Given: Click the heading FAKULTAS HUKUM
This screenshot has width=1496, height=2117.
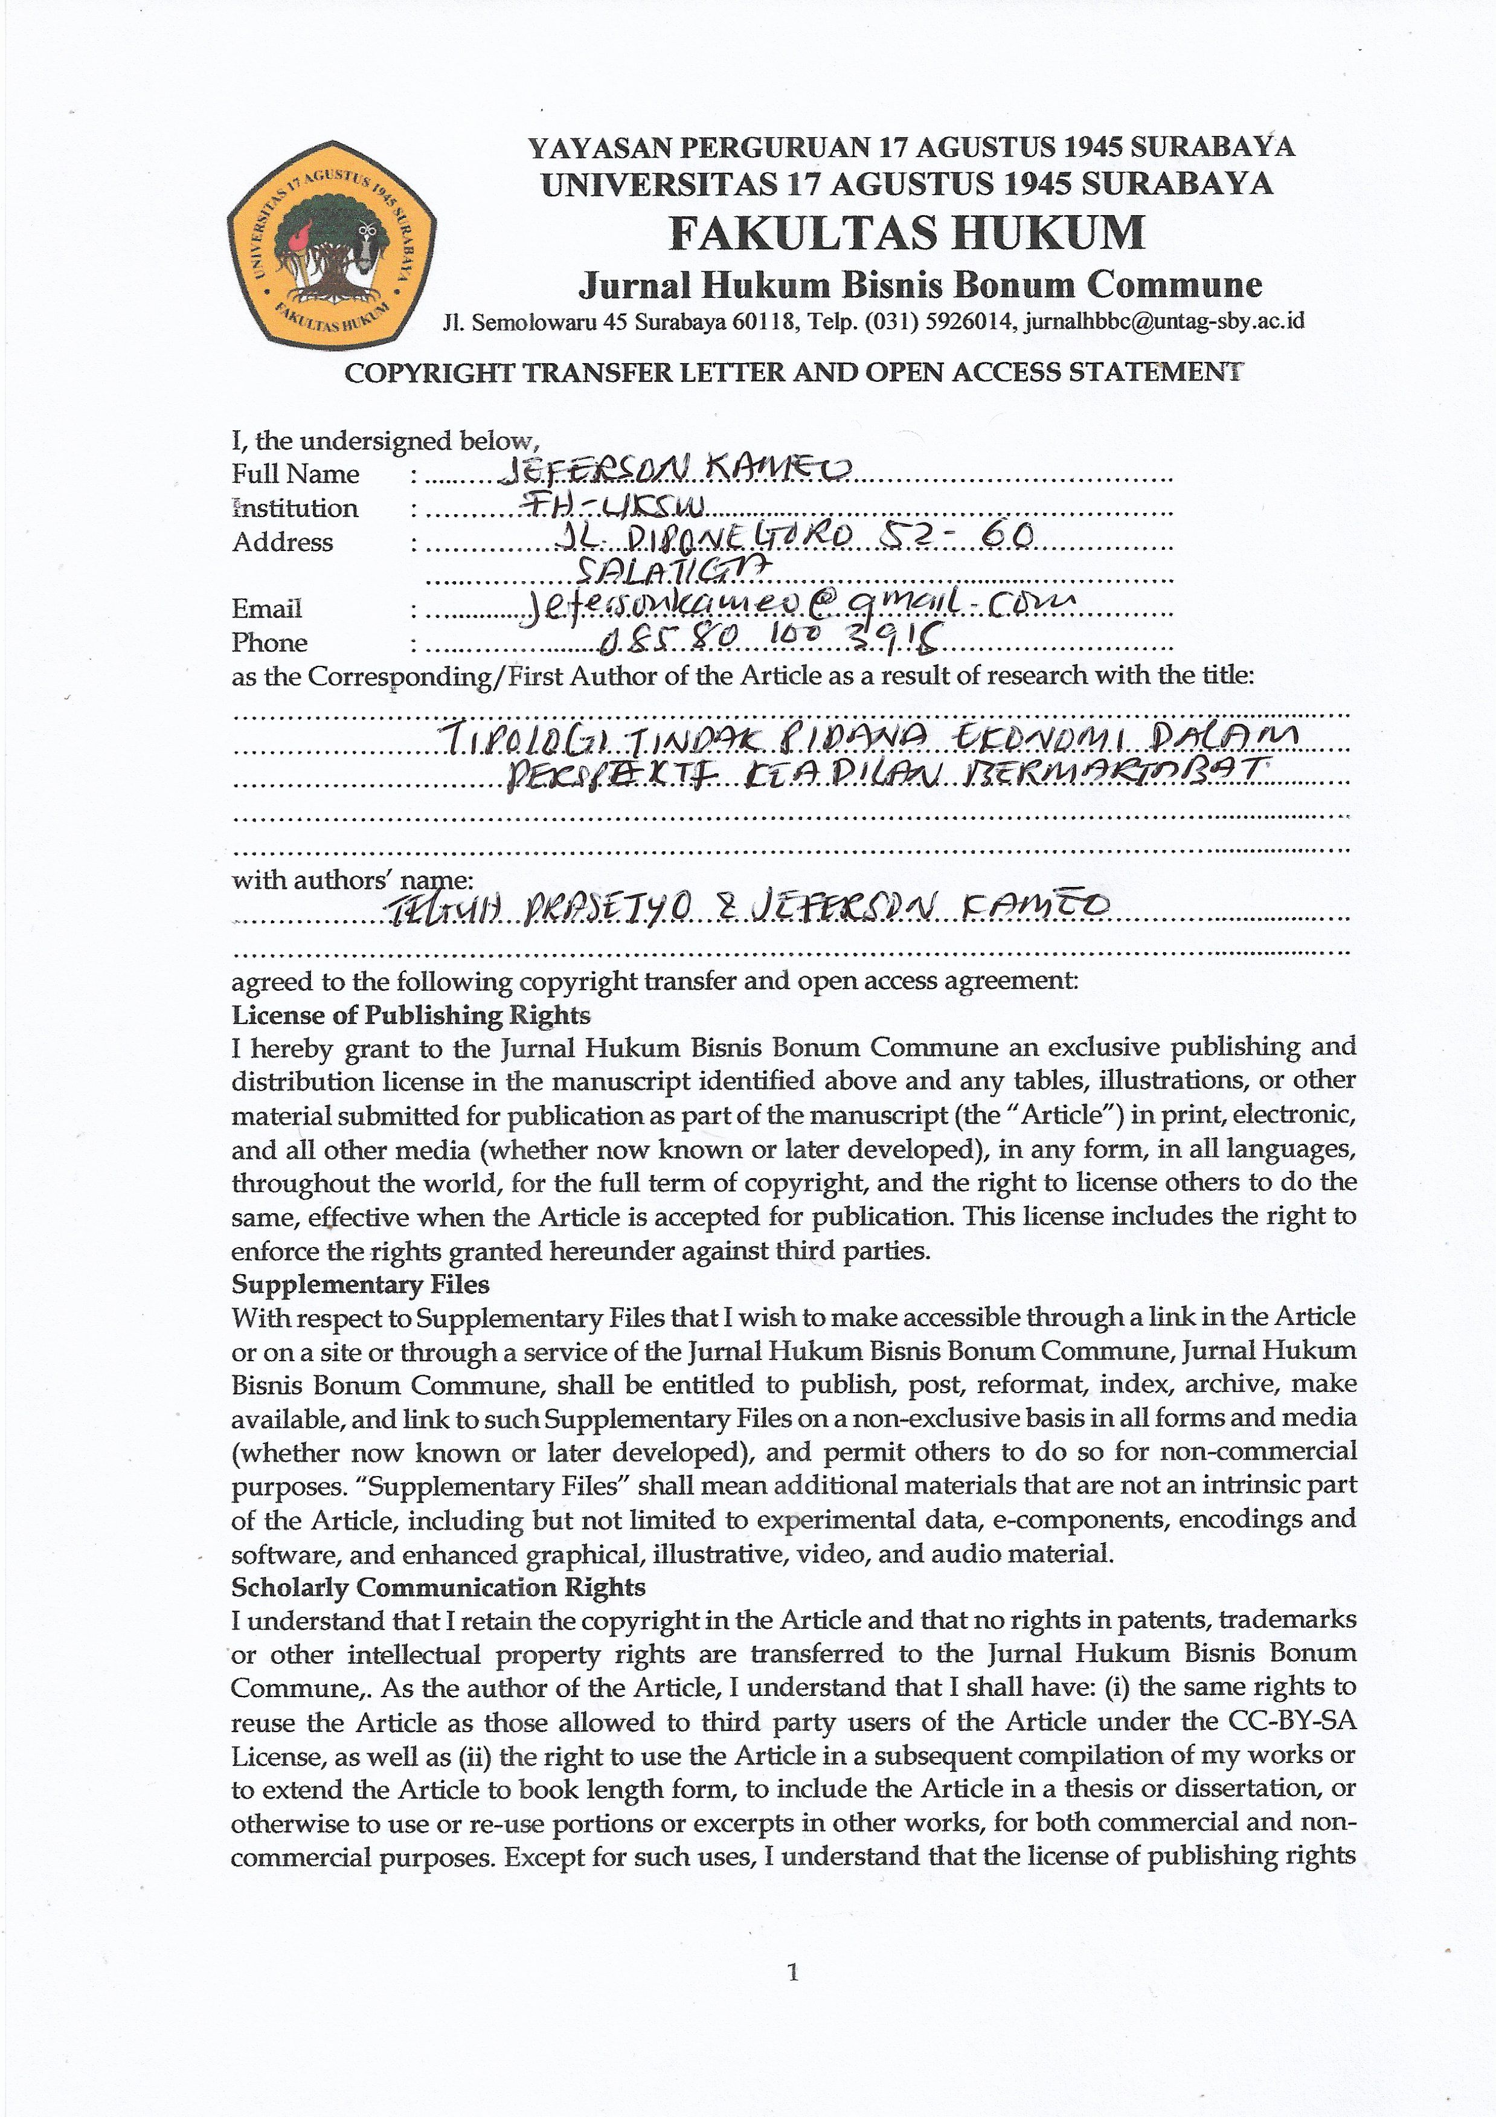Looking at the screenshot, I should pyautogui.click(x=907, y=233).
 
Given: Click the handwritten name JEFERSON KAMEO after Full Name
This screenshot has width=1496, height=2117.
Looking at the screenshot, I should pyautogui.click(x=673, y=471).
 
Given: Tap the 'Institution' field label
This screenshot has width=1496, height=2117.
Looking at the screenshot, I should pyautogui.click(x=295, y=508).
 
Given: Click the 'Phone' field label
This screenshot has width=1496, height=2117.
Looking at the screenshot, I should pyautogui.click(x=269, y=643).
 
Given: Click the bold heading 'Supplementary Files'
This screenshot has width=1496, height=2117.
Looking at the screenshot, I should pyautogui.click(x=361, y=1284).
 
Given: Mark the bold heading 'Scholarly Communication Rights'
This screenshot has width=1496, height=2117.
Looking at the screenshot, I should pyautogui.click(x=438, y=1588).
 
